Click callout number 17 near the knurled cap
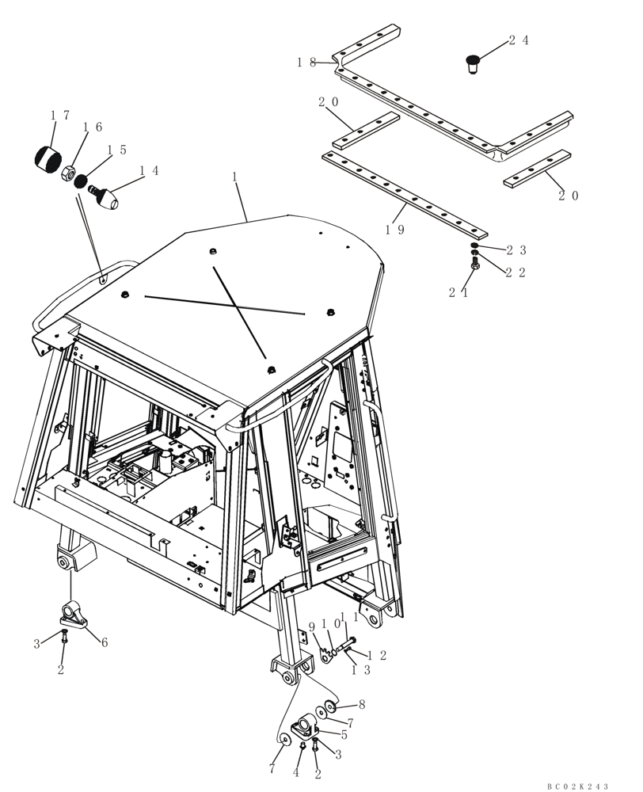(x=60, y=115)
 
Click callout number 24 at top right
(x=518, y=40)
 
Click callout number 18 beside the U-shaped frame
(x=306, y=62)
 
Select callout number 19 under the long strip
(x=395, y=229)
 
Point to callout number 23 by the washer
(x=516, y=250)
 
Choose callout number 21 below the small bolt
(x=459, y=292)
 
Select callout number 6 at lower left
(x=103, y=642)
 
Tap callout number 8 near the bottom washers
(x=361, y=703)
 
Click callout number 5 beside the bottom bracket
(x=344, y=734)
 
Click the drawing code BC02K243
(x=577, y=786)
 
